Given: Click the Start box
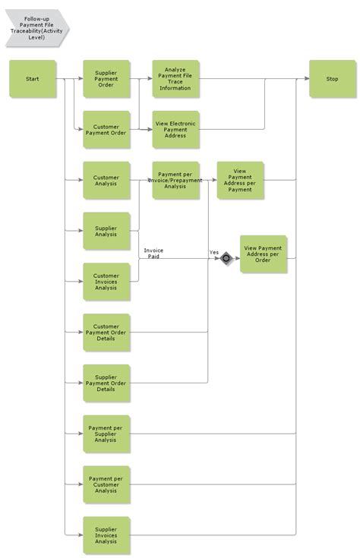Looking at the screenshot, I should pyautogui.click(x=33, y=79).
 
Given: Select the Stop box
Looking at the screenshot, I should pyautogui.click(x=332, y=79).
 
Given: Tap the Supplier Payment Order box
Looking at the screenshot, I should pyautogui.click(x=106, y=79).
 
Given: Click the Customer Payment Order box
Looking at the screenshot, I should pyautogui.click(x=106, y=130).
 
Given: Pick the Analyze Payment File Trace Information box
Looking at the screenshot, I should pyautogui.click(x=175, y=79).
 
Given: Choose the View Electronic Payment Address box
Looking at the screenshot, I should pyautogui.click(x=175, y=130).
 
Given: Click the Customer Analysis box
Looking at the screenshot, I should pyautogui.click(x=106, y=180).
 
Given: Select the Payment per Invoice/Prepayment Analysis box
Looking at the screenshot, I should pyautogui.click(x=175, y=180).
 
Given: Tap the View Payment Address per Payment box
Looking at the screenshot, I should pyautogui.click(x=240, y=180).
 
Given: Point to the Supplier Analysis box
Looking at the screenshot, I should pyautogui.click(x=106, y=231).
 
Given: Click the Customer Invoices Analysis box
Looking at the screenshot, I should pyautogui.click(x=106, y=282).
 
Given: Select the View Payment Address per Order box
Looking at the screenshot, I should pyautogui.click(x=263, y=254).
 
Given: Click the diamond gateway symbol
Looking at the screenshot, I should pyautogui.click(x=226, y=259).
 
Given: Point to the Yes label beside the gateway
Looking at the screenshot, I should pyautogui.click(x=214, y=252).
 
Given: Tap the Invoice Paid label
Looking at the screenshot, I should pyautogui.click(x=153, y=254).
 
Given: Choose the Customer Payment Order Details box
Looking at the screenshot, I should pyautogui.click(x=106, y=333).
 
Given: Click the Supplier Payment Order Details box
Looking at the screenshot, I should pyautogui.click(x=106, y=383).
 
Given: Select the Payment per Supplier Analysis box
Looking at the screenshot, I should pyautogui.click(x=106, y=434).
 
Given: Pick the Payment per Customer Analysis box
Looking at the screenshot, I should pyautogui.click(x=106, y=484).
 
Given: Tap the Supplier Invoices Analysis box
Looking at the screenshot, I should pyautogui.click(x=106, y=535).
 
